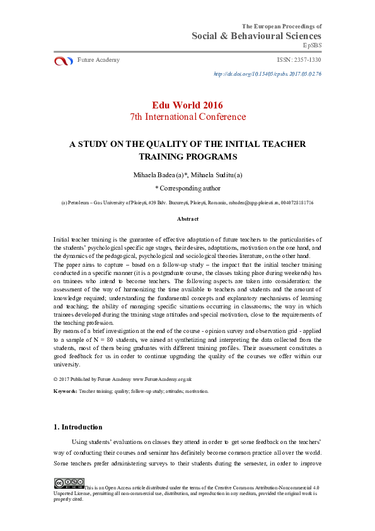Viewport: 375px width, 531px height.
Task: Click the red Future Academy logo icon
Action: click(64, 61)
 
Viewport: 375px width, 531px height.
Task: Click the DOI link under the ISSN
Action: click(268, 74)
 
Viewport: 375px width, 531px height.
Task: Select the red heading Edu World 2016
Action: click(187, 105)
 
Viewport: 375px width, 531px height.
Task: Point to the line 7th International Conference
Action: click(187, 117)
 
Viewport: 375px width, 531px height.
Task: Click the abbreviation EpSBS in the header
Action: click(312, 46)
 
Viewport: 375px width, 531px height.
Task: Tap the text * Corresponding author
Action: click(187, 188)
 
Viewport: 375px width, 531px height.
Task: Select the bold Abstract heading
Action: click(187, 219)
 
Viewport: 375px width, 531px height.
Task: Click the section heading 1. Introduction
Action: click(78, 427)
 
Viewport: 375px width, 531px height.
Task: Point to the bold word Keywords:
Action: click(66, 392)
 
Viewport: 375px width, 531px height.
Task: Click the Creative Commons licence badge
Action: click(68, 484)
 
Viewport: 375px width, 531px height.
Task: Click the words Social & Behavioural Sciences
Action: click(257, 36)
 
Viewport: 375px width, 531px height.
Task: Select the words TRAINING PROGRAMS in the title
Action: click(187, 156)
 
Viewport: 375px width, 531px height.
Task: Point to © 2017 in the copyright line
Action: click(64, 379)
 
